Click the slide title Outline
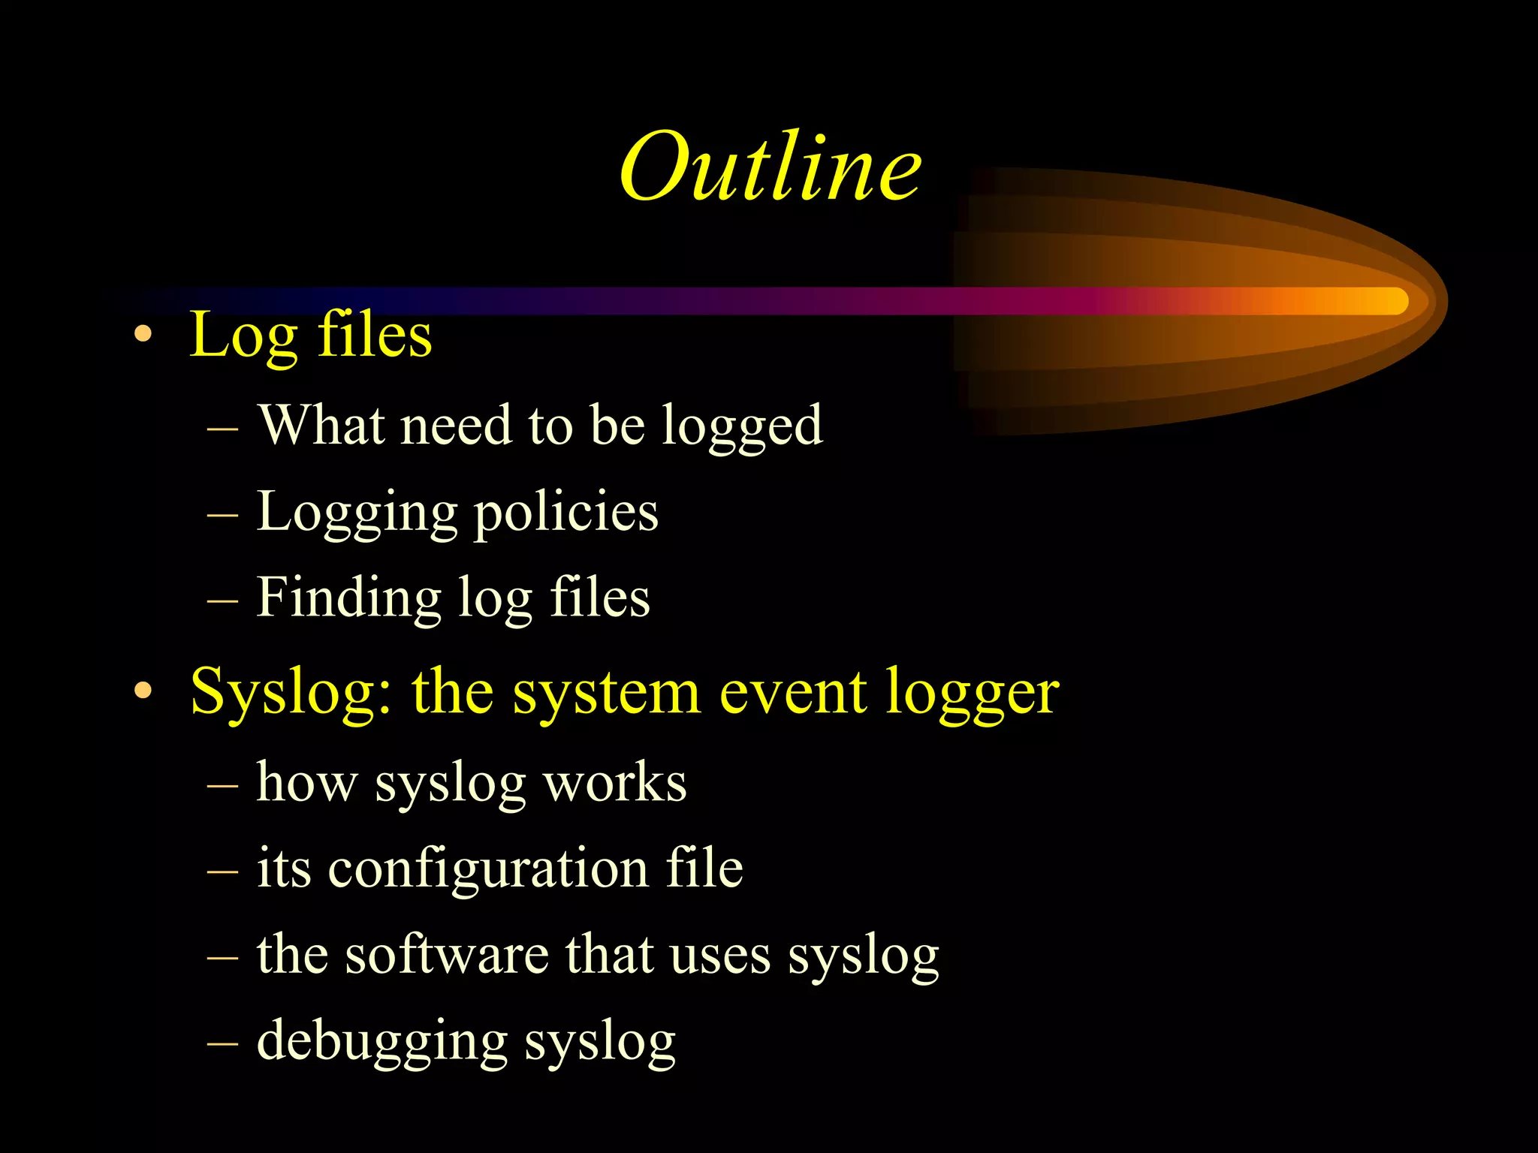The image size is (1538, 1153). tap(771, 167)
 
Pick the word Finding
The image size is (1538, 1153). tap(348, 599)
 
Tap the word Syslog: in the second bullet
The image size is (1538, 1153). tap(291, 692)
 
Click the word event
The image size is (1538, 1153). tap(792, 692)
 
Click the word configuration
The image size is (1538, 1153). tap(489, 869)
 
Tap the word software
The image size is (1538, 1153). tap(447, 955)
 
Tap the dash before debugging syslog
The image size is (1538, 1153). tap(222, 1043)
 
